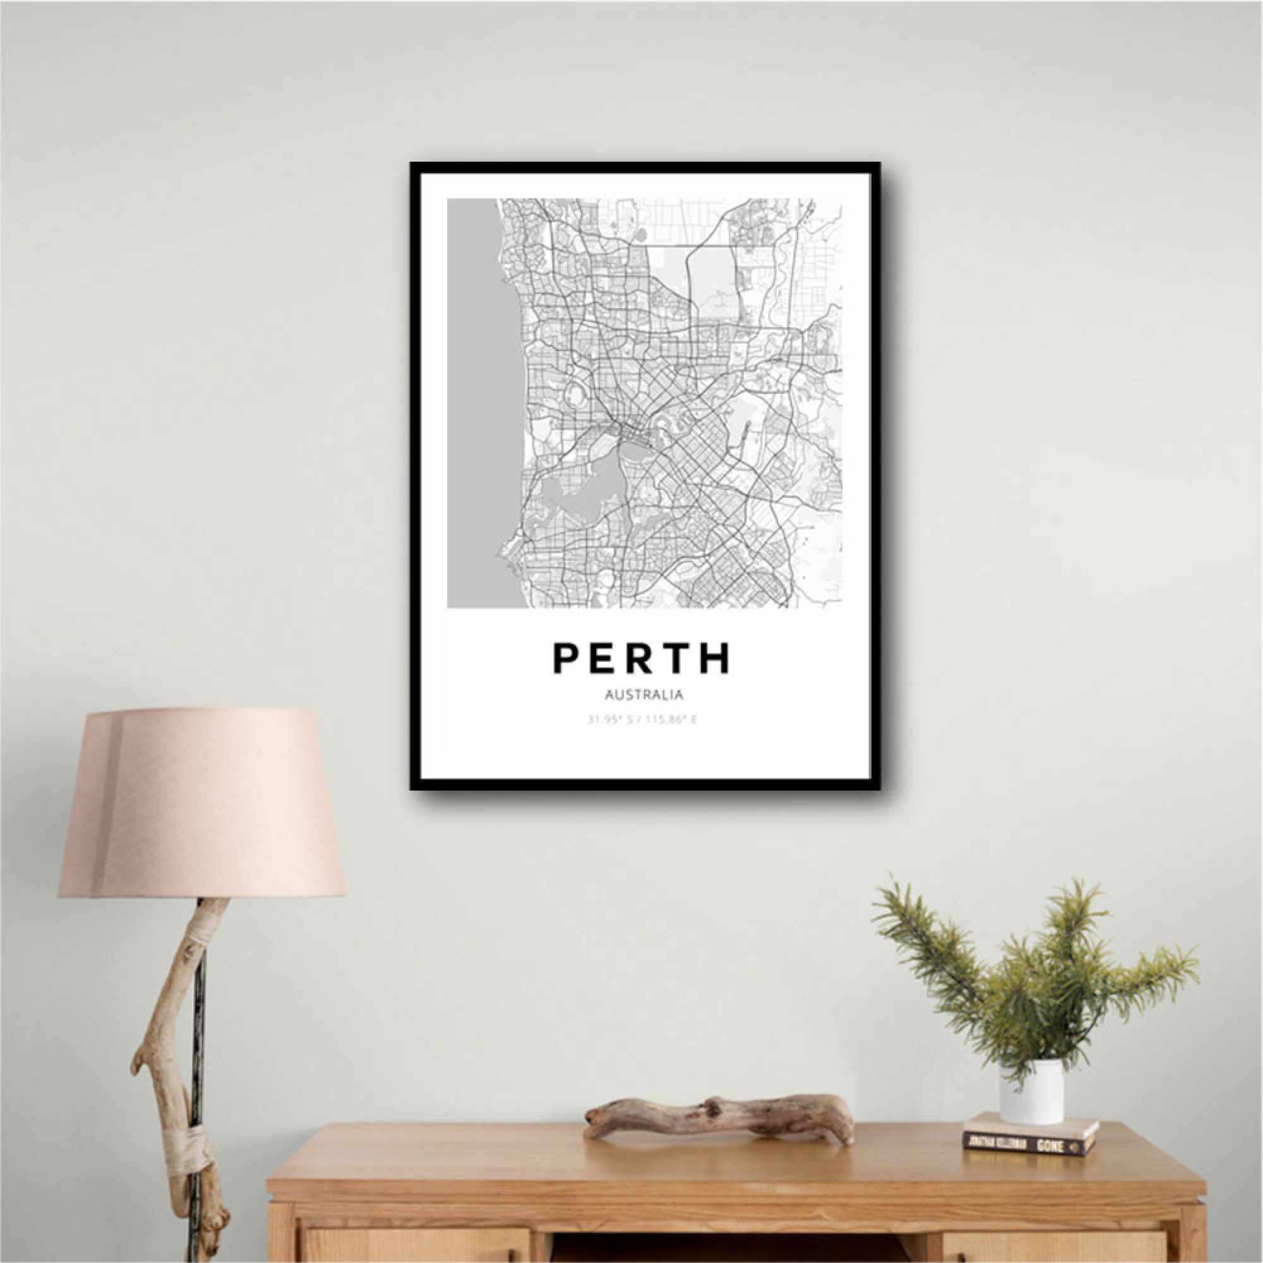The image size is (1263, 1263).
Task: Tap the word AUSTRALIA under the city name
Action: pyautogui.click(x=644, y=695)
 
